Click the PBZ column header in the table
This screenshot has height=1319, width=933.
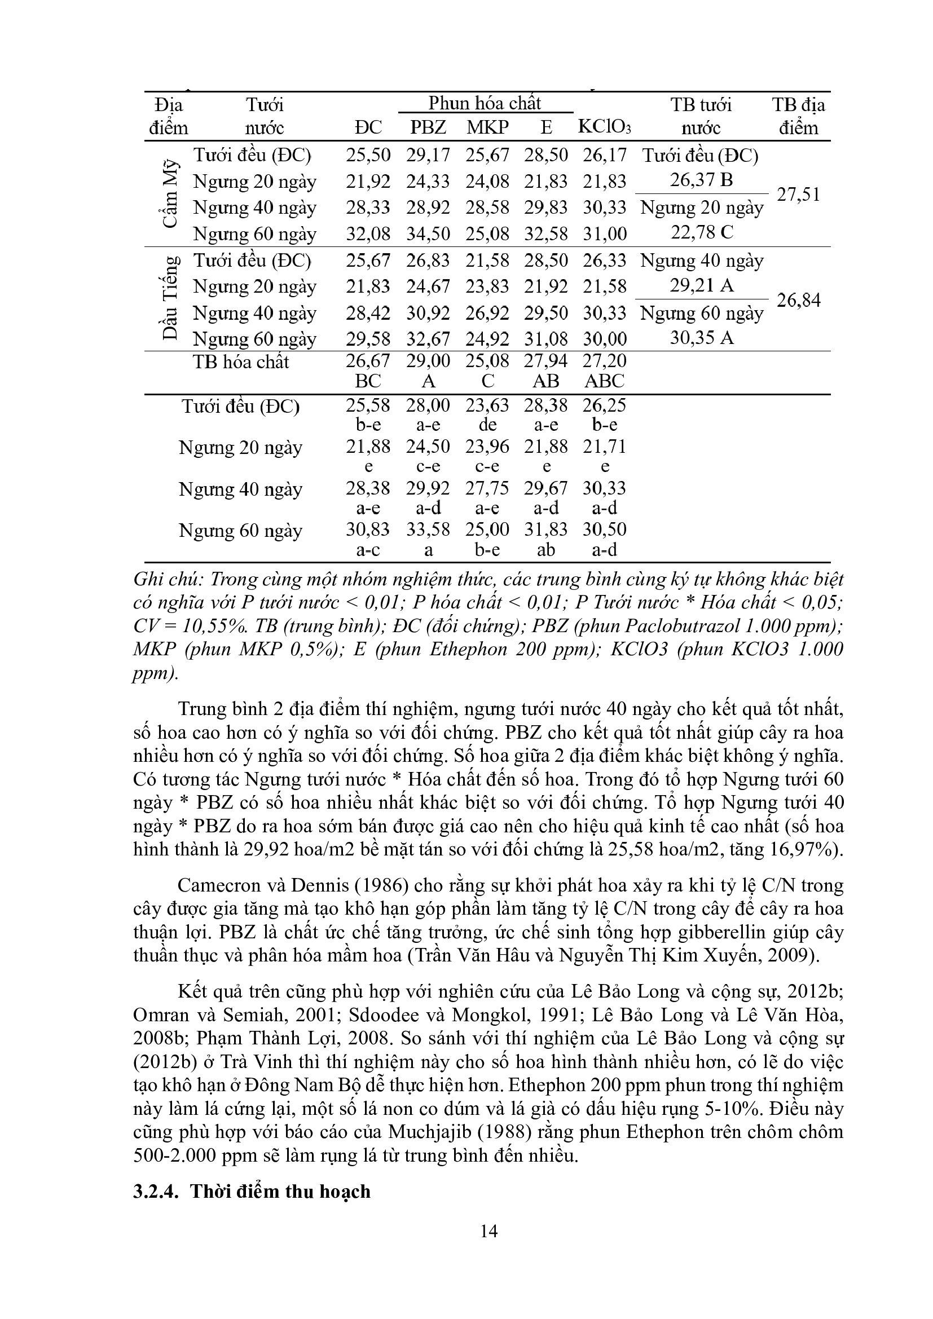click(x=428, y=127)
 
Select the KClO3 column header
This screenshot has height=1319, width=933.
click(x=604, y=127)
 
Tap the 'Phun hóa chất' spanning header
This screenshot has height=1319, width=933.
click(x=485, y=103)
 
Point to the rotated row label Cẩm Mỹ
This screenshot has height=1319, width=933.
click(x=169, y=194)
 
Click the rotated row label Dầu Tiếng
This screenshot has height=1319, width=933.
click(x=169, y=299)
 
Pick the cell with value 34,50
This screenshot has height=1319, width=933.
click(x=428, y=234)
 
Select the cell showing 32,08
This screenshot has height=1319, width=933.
click(x=368, y=234)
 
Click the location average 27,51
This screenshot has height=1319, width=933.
click(x=799, y=194)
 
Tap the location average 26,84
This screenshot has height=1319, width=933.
click(x=799, y=300)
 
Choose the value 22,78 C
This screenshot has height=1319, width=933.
click(x=702, y=233)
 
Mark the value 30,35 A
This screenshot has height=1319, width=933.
click(x=702, y=338)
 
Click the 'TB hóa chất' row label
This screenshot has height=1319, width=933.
click(x=241, y=362)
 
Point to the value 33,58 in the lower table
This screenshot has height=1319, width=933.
click(x=428, y=529)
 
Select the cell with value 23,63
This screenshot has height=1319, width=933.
click(x=487, y=405)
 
